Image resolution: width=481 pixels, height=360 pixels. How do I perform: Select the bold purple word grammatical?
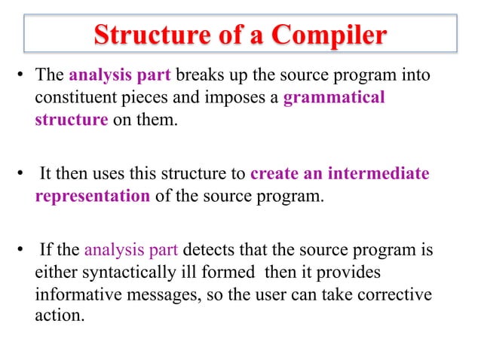[334, 98]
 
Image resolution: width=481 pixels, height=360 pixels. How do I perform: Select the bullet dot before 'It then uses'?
[23, 175]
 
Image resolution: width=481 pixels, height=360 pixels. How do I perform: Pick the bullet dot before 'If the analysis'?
[23, 251]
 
